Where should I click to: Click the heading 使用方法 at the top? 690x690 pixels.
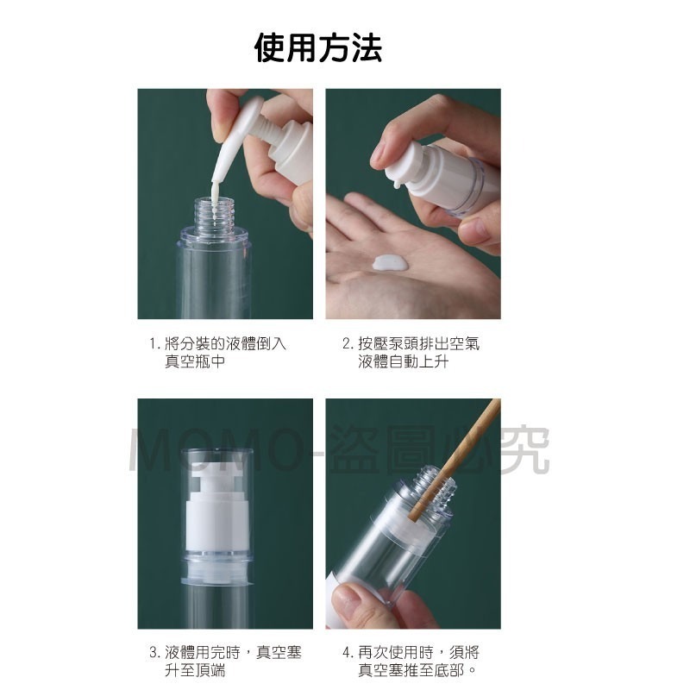pyautogui.click(x=318, y=47)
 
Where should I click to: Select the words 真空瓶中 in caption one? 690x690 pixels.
pyautogui.click(x=195, y=362)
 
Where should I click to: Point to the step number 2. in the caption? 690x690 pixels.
pyautogui.click(x=348, y=344)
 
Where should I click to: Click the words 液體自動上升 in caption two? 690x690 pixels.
pyautogui.click(x=403, y=362)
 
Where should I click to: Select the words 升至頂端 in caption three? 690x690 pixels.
pyautogui.click(x=195, y=670)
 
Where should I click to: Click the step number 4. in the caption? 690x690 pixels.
pyautogui.click(x=348, y=652)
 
